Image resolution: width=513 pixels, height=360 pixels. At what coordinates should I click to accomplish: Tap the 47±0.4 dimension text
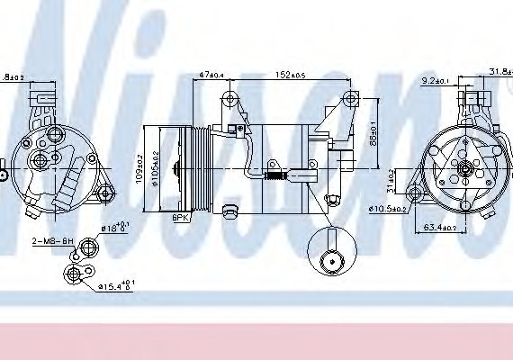(211, 76)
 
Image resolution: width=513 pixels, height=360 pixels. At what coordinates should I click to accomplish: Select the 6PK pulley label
(181, 218)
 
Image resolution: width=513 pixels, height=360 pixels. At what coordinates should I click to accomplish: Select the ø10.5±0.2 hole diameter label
(390, 210)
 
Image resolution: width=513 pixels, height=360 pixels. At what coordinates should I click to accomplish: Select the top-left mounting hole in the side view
(233, 98)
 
